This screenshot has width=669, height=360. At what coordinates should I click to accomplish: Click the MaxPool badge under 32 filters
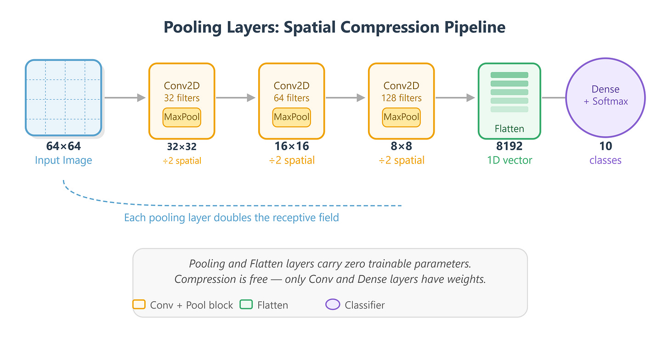(x=181, y=117)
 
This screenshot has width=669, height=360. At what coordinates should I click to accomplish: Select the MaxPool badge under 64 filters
(x=291, y=117)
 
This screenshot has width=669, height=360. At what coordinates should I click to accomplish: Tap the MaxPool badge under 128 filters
(x=401, y=117)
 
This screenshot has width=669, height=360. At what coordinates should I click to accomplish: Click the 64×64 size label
(x=63, y=146)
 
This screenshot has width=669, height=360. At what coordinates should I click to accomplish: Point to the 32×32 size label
(x=181, y=146)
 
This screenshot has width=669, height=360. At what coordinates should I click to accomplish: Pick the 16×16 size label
(x=291, y=146)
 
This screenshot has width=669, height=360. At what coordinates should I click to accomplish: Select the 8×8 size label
(x=401, y=146)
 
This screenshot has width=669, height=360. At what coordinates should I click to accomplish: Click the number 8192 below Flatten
(x=509, y=146)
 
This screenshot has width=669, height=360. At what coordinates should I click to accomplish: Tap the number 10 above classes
(x=606, y=146)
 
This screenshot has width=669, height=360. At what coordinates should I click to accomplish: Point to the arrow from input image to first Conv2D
(x=125, y=98)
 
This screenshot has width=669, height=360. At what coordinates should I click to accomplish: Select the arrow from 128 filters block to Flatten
(x=455, y=98)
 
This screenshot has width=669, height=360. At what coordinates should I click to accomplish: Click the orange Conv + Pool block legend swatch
(x=139, y=304)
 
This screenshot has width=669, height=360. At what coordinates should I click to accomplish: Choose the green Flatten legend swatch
(x=246, y=304)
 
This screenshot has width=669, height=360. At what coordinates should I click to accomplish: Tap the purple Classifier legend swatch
(x=333, y=304)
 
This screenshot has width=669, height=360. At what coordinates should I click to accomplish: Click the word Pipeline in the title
(x=475, y=27)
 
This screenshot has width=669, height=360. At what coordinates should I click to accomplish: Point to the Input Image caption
(x=63, y=160)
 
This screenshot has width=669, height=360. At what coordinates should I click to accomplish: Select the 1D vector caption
(x=510, y=160)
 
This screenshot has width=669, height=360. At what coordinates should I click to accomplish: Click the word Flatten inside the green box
(x=509, y=129)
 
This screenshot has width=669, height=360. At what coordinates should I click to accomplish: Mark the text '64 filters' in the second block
(x=291, y=98)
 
